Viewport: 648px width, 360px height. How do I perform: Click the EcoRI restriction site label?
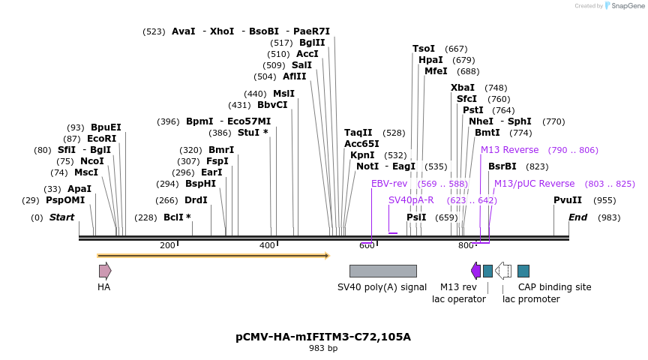coord(101,139)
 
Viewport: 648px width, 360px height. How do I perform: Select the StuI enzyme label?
coord(247,133)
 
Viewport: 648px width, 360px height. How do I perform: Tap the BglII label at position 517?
coord(312,43)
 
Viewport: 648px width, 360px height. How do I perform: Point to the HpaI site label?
coord(430,60)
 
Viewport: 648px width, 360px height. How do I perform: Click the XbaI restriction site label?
coord(463,88)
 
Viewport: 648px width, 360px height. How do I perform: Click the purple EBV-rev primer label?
coord(389,184)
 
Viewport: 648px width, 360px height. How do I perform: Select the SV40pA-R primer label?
coord(411,200)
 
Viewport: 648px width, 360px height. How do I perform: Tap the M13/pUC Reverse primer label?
coord(534,184)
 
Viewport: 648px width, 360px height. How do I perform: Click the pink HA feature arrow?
coord(105,271)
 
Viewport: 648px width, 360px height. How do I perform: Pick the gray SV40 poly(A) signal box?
coord(382,271)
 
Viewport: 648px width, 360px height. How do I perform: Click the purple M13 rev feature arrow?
coord(475,271)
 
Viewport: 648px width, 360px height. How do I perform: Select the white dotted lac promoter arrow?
coord(503,271)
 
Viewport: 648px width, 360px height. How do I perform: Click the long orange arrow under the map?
coord(213,256)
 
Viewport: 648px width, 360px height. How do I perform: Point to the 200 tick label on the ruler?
coord(167,245)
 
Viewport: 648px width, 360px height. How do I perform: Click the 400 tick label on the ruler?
coord(267,245)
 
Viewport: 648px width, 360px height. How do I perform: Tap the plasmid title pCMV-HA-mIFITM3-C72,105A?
coord(323,337)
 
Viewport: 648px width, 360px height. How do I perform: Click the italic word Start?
coord(62,217)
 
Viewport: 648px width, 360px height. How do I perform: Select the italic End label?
coord(577,217)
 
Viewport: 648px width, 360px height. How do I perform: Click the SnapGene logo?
coord(623,6)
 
